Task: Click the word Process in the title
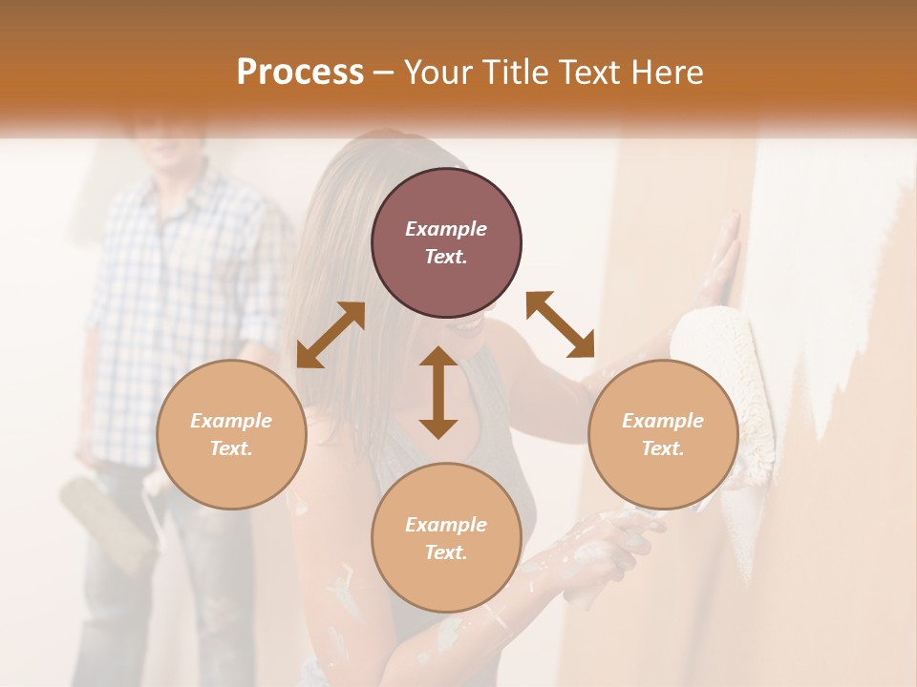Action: tap(300, 73)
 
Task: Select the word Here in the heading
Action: tap(666, 73)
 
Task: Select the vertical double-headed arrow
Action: tap(438, 392)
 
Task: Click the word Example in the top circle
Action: tap(446, 229)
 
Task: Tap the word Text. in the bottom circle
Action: tap(446, 552)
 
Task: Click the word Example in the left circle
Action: tap(231, 421)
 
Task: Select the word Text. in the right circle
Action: tap(663, 448)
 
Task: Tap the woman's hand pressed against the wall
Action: tap(721, 258)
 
